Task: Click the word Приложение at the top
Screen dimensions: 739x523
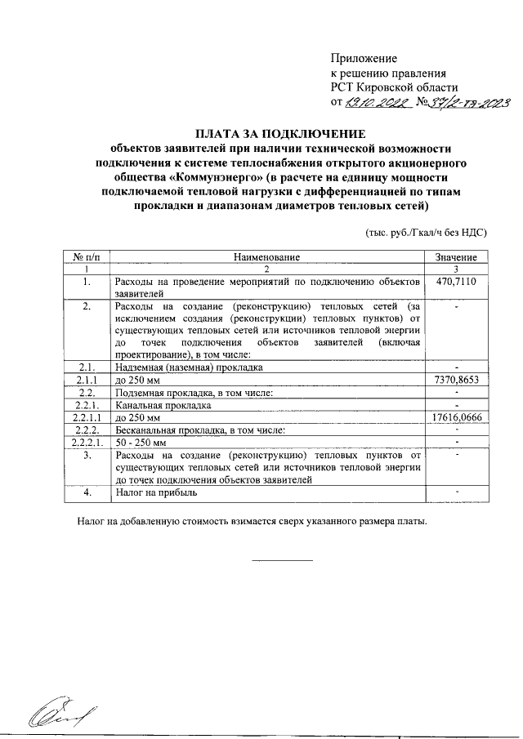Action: (x=364, y=59)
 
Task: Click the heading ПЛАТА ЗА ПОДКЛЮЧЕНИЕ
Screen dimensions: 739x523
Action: (x=281, y=133)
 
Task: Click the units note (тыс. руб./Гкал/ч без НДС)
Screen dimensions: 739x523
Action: (x=427, y=232)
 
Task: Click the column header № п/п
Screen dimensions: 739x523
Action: (x=86, y=257)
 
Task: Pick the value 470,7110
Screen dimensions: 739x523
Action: (x=456, y=281)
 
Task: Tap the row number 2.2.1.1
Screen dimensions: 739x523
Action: (x=87, y=416)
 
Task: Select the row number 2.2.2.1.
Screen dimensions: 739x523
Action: (x=87, y=442)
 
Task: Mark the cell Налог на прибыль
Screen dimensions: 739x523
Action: (x=157, y=492)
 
